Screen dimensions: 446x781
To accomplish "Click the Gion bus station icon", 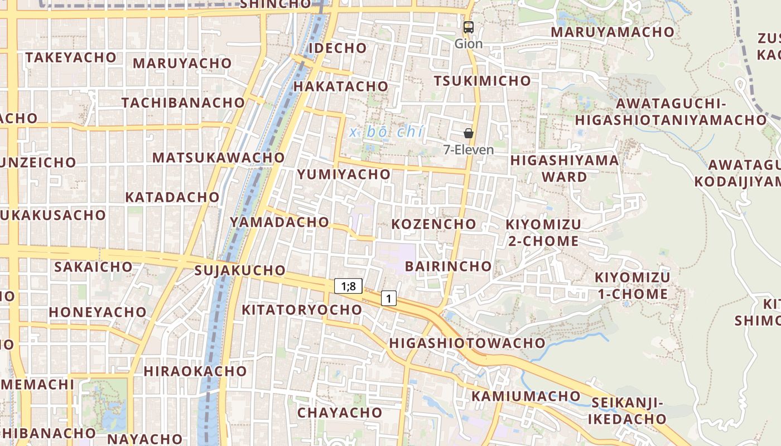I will (469, 27).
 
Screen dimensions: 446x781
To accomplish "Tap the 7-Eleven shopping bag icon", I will (469, 133).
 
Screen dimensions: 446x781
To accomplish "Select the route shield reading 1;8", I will (349, 287).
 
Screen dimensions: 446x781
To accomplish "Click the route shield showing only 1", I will (389, 298).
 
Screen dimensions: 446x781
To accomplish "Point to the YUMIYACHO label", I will (344, 174).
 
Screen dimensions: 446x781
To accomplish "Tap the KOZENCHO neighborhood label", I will (434, 224).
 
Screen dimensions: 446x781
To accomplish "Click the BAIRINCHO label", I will (448, 266).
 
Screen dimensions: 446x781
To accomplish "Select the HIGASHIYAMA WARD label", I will (565, 168).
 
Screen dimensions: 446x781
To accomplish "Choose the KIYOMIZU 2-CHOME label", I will (543, 232).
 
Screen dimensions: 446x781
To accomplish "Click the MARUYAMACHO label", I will (613, 32).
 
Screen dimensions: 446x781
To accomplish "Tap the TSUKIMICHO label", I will (483, 81).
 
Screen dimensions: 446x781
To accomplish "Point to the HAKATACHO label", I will (340, 86).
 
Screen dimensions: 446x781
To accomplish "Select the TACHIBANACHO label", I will (183, 103).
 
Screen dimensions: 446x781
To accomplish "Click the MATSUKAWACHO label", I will (219, 157).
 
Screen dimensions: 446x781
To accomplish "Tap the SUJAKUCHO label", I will (240, 270).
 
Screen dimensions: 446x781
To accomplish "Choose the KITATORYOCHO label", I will (302, 309).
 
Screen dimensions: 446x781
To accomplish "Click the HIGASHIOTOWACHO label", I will (467, 343).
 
